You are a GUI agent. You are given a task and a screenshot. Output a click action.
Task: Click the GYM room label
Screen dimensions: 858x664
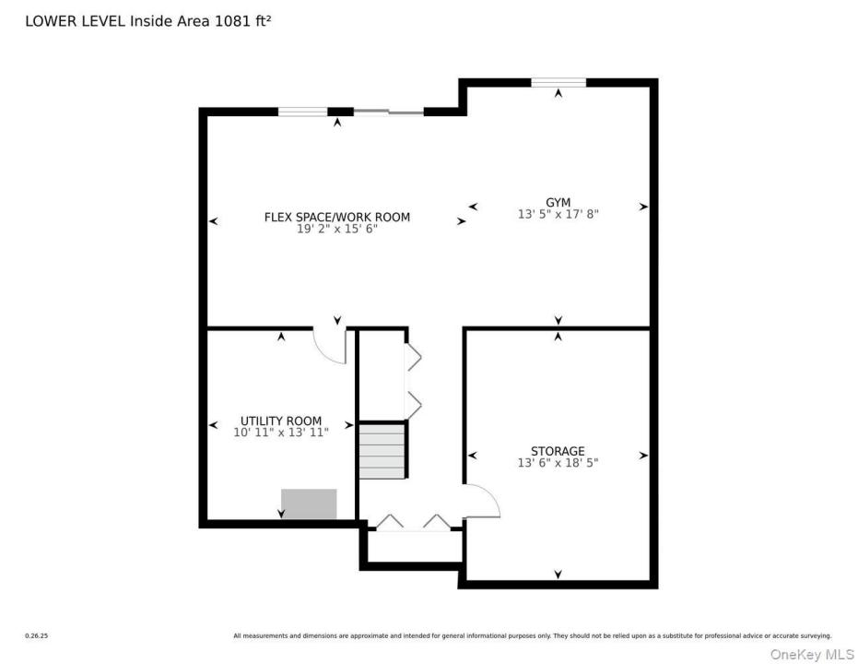[558, 203]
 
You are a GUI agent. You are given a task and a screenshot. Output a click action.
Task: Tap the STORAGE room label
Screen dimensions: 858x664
[558, 451]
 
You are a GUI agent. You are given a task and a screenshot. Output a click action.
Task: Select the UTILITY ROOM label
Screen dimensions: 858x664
[281, 421]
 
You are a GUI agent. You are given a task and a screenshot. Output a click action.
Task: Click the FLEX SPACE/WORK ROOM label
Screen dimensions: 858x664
[337, 217]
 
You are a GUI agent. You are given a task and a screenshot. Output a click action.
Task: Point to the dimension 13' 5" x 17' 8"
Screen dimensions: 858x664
[558, 214]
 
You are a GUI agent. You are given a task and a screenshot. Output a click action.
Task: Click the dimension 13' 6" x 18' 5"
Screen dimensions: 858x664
[558, 463]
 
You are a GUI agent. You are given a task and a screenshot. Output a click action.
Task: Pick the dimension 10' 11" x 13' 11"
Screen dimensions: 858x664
[281, 433]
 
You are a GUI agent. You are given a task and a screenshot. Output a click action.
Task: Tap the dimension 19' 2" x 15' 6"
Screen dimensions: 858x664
[337, 229]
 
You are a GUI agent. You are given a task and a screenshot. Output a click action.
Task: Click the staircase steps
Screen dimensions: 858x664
[382, 451]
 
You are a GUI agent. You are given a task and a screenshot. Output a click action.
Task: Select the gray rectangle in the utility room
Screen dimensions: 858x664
[309, 504]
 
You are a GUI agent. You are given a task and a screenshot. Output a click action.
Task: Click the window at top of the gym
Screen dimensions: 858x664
[558, 83]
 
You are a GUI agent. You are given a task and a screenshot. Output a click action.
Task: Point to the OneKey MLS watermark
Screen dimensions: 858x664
[812, 654]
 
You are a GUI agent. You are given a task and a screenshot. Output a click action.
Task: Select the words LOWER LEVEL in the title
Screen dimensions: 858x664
[76, 21]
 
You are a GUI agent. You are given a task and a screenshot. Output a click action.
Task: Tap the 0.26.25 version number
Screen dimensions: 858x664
[37, 636]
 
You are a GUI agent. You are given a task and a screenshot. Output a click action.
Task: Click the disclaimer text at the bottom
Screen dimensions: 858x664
[533, 636]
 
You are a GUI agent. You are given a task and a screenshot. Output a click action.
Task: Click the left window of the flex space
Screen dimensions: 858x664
[302, 113]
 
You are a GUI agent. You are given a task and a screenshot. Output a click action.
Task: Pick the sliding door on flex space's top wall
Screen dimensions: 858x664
[389, 113]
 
